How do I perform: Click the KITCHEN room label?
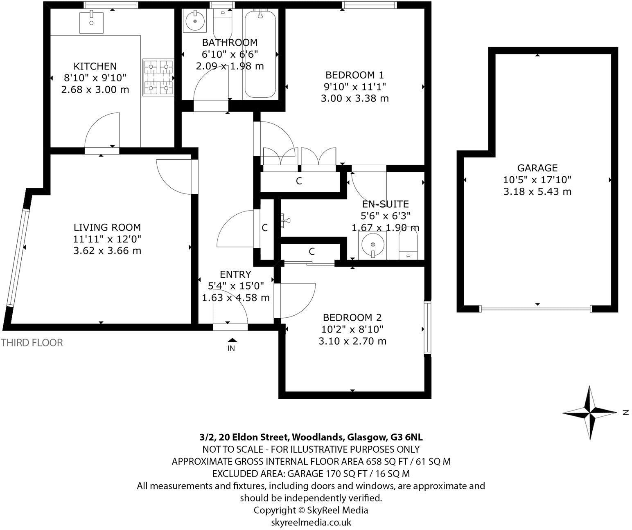(x=95, y=66)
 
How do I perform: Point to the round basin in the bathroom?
(x=194, y=20)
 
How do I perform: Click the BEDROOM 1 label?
(x=354, y=75)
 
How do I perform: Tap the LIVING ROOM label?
(x=107, y=227)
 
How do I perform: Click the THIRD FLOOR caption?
(x=32, y=343)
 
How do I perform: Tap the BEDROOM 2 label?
(x=352, y=317)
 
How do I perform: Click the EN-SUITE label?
(x=385, y=204)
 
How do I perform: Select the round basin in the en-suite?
(x=372, y=245)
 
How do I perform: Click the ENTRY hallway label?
(x=235, y=274)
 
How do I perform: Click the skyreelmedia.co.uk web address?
(x=311, y=522)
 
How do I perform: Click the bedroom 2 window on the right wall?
(x=427, y=328)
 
